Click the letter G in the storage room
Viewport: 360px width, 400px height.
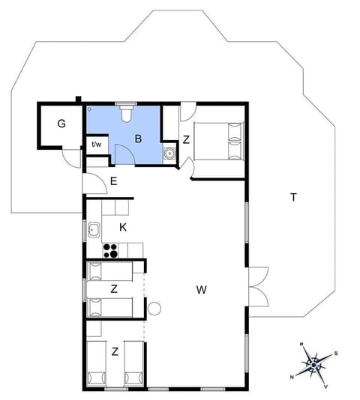click(x=61, y=123)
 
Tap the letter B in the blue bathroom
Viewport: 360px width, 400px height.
click(x=138, y=139)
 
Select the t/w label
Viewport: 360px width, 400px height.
click(x=97, y=145)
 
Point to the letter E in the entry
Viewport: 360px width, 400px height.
click(x=114, y=181)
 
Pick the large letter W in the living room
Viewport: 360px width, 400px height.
click(x=201, y=289)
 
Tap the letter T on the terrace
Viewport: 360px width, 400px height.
click(x=294, y=198)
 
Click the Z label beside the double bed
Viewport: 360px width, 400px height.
click(x=186, y=139)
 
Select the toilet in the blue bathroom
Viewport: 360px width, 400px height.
click(x=126, y=112)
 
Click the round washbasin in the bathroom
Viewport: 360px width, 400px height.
click(x=170, y=155)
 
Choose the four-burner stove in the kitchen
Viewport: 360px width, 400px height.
click(x=111, y=250)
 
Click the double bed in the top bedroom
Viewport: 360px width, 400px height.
click(x=219, y=140)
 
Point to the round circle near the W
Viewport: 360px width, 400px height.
click(x=155, y=308)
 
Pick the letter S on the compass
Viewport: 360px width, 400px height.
click(x=337, y=354)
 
